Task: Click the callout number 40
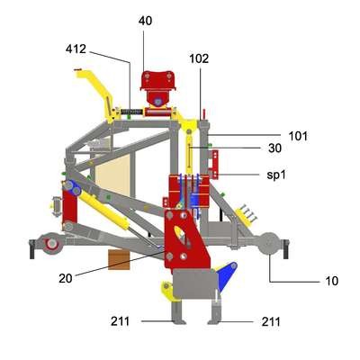145,21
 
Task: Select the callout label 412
76,49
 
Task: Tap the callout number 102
199,58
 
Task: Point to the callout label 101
298,136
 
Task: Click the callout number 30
274,148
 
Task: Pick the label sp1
276,175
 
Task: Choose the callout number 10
331,281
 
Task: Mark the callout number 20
66,278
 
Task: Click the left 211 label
121,321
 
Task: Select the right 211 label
271,322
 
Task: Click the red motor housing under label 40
157,88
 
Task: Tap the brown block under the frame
119,259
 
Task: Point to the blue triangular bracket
227,275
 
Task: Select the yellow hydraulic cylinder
103,211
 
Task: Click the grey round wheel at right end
269,244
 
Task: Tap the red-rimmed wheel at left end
52,244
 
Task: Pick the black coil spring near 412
131,112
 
